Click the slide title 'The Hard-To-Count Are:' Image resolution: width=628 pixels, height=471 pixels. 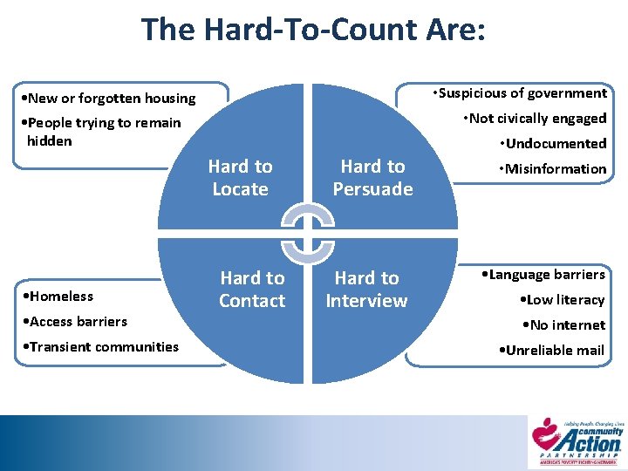(313, 30)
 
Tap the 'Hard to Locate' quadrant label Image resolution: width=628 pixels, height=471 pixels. (240, 177)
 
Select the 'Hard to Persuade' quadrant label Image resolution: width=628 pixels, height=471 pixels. (372, 177)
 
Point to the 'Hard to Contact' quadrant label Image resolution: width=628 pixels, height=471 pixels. (252, 289)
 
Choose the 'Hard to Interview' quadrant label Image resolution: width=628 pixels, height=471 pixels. (366, 289)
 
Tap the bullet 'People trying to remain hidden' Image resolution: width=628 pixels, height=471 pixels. (99, 131)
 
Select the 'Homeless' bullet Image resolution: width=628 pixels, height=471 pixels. (58, 296)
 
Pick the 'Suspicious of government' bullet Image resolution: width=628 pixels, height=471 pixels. (522, 92)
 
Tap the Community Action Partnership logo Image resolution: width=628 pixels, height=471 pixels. (578, 440)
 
